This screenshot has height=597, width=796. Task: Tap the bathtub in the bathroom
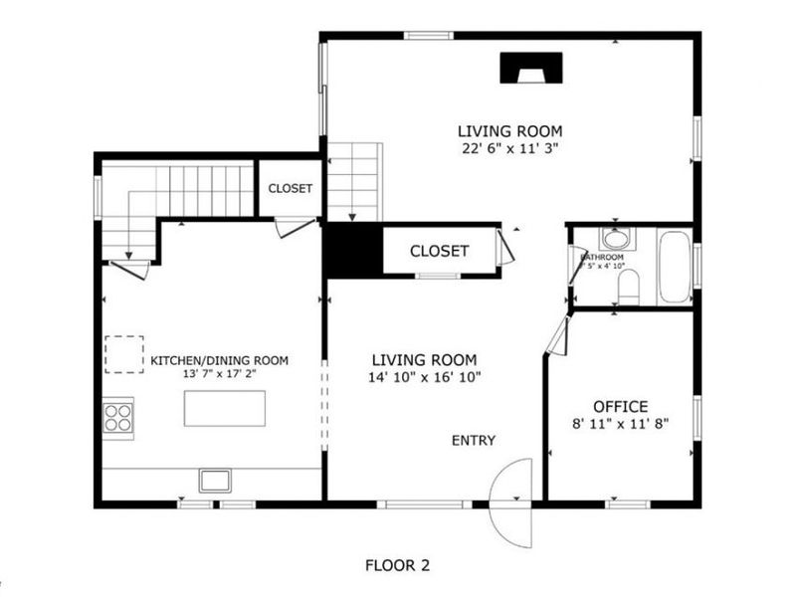tap(674, 267)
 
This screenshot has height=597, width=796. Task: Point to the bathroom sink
tap(615, 240)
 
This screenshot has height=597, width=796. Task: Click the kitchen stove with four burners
tap(118, 415)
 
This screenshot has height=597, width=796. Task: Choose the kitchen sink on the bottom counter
tap(214, 481)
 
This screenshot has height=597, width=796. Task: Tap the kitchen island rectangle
tap(225, 408)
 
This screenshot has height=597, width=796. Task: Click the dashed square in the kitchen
tap(124, 353)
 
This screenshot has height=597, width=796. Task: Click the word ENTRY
tap(473, 441)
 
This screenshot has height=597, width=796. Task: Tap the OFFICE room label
tap(620, 406)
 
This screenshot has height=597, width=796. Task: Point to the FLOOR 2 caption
tap(397, 565)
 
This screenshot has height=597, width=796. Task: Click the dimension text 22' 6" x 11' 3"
tap(509, 148)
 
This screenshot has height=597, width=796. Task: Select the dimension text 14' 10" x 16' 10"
tap(424, 377)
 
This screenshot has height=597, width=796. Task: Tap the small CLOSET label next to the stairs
tap(290, 188)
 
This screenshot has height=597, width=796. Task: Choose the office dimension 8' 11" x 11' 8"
tap(620, 422)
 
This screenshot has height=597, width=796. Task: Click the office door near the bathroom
tap(556, 336)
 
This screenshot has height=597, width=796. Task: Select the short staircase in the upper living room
tap(354, 181)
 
